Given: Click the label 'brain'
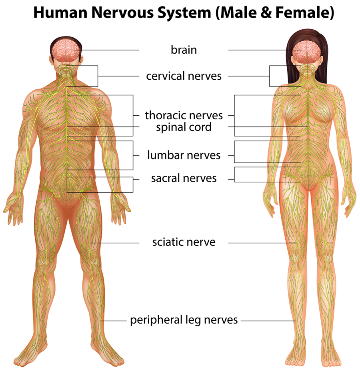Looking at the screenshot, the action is (x=184, y=50).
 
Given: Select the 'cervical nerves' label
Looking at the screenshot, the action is (x=184, y=76).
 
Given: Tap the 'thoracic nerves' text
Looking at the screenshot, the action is (x=184, y=115).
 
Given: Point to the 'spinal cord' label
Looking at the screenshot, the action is (x=184, y=127).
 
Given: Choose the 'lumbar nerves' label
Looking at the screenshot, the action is (x=184, y=155).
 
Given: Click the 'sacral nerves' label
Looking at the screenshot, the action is (x=184, y=178).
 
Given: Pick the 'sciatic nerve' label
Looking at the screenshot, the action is (x=184, y=242).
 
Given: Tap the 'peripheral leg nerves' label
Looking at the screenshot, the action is (x=184, y=320).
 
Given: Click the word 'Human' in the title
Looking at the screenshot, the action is (x=60, y=13).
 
